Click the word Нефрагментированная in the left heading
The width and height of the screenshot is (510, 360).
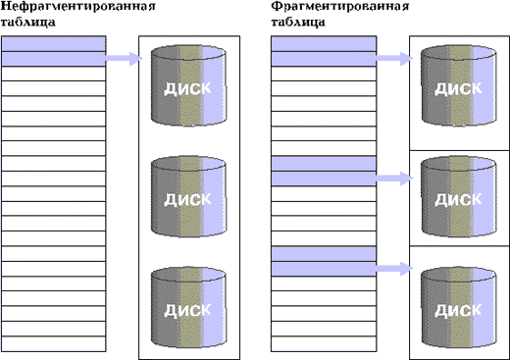(78, 6)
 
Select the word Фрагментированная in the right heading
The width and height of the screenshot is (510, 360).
(340, 6)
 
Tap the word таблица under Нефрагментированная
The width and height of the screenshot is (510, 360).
(28, 23)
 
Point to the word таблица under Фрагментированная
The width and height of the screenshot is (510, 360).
(298, 23)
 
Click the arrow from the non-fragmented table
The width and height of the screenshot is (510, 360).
(125, 59)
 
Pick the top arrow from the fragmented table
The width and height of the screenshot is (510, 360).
(395, 59)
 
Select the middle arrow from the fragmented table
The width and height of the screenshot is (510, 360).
(395, 179)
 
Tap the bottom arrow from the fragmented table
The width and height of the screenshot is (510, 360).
(395, 269)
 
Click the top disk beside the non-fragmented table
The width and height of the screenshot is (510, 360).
(188, 85)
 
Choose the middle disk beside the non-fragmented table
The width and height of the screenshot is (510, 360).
(188, 196)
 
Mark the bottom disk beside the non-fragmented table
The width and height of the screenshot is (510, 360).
(188, 307)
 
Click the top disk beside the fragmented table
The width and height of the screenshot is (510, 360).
(459, 85)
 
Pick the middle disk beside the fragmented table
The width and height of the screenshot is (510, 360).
(459, 196)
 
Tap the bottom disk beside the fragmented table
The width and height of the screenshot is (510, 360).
(459, 307)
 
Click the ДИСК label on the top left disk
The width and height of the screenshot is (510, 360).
(187, 88)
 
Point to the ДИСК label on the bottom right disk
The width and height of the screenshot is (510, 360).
(458, 310)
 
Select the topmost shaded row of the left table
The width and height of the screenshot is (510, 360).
(54, 44)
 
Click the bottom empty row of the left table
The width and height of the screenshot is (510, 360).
(54, 343)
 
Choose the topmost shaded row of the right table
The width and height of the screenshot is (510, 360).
(324, 44)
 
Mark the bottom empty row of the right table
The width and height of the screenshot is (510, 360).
(324, 343)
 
